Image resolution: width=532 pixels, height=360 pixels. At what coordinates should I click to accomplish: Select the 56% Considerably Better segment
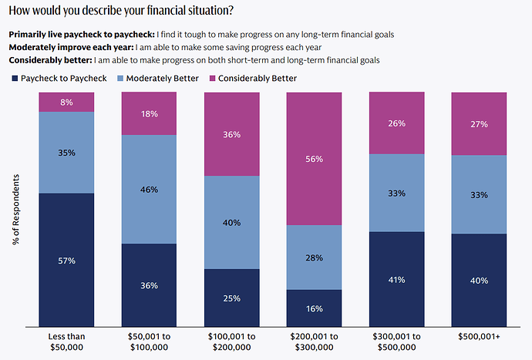(x=314, y=158)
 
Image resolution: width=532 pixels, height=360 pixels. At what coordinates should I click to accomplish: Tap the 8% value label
(x=66, y=102)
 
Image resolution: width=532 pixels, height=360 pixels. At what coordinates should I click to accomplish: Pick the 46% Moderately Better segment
(x=149, y=189)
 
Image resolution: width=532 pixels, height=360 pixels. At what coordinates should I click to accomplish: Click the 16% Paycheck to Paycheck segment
(x=314, y=308)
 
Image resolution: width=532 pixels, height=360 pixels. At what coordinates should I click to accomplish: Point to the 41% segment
(x=396, y=278)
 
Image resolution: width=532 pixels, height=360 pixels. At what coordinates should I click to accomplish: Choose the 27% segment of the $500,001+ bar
(x=479, y=123)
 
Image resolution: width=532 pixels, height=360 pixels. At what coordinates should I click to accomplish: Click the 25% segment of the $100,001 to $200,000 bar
(x=231, y=298)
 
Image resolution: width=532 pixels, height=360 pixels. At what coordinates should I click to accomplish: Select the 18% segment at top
(x=149, y=113)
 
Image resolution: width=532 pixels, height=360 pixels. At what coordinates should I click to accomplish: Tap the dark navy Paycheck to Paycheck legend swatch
(x=14, y=79)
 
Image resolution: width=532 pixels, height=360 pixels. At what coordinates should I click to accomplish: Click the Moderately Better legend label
(x=159, y=79)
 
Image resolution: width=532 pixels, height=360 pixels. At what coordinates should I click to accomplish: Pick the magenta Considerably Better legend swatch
(x=213, y=79)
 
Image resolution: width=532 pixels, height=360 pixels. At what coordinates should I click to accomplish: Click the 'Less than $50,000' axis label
(x=66, y=343)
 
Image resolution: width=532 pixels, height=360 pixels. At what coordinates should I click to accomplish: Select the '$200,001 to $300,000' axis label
(x=314, y=343)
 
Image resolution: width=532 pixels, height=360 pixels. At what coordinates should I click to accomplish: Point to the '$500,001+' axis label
(x=479, y=338)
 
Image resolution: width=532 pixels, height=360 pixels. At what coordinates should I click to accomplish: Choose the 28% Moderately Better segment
(x=314, y=257)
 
